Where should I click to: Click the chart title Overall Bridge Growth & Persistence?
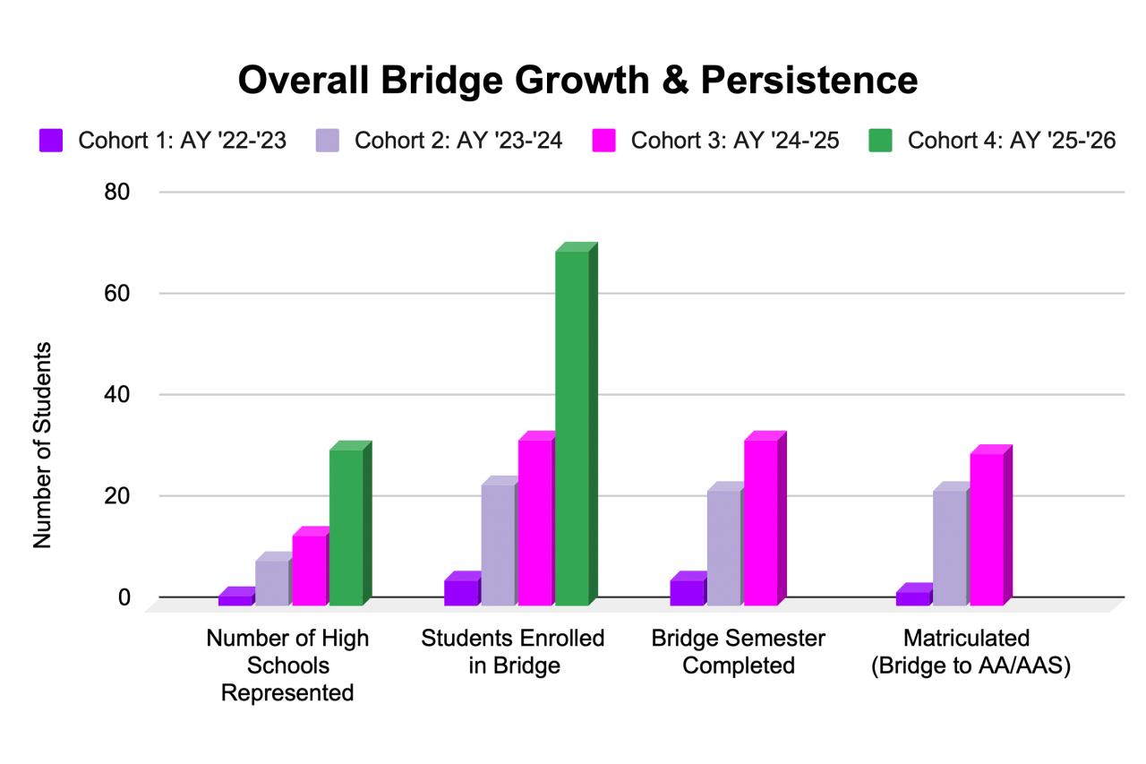pos(577,80)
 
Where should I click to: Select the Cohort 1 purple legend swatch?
pos(51,141)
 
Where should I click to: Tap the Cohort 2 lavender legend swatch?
pos(328,141)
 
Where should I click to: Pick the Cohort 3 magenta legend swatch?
pos(604,141)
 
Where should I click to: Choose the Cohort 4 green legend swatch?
pos(881,141)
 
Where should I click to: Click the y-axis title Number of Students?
pos(42,445)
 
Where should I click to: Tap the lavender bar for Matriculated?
pos(950,547)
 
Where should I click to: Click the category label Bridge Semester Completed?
pos(739,652)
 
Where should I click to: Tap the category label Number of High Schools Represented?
pos(287,665)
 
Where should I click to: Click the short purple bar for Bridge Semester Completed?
pos(687,592)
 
